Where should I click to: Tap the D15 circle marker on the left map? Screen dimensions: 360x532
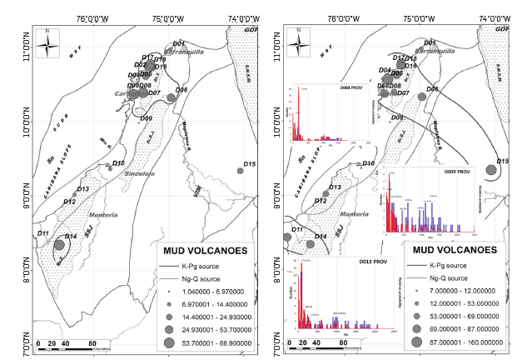click(240, 171)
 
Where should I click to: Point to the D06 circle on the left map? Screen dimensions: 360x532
click(172, 97)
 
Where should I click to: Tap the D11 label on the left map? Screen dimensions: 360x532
click(43, 232)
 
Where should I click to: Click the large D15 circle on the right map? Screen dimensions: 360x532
click(491, 172)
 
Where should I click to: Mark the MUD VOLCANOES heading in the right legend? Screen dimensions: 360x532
click(455, 249)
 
